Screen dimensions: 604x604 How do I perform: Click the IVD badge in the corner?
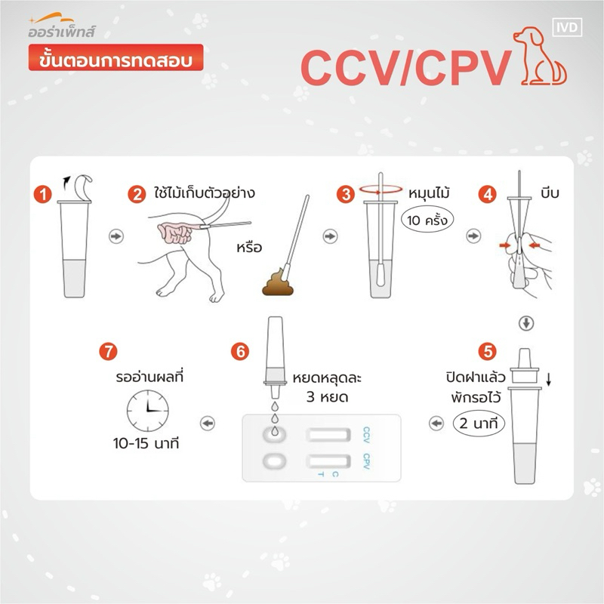[567, 27]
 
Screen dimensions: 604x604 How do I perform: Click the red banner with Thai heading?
[116, 57]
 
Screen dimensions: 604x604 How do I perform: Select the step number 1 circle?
[43, 195]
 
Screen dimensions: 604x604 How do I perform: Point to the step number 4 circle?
[487, 195]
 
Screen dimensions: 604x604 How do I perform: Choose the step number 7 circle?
[108, 351]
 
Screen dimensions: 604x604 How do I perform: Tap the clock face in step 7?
[148, 411]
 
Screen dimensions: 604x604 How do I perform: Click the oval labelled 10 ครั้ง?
[427, 220]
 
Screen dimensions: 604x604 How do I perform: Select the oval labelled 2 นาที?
[479, 424]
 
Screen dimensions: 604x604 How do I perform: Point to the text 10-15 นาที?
[146, 443]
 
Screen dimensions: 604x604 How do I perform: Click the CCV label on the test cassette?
[367, 435]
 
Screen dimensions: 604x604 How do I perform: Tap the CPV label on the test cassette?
[367, 461]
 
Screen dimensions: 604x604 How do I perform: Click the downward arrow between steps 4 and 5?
[526, 323]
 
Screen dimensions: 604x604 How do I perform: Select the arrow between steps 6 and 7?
[208, 424]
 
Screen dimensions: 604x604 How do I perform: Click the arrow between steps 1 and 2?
[116, 236]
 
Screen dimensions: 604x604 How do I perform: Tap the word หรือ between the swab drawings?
[249, 247]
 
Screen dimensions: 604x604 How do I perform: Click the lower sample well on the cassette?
[275, 461]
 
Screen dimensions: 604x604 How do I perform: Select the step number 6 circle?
[240, 351]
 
